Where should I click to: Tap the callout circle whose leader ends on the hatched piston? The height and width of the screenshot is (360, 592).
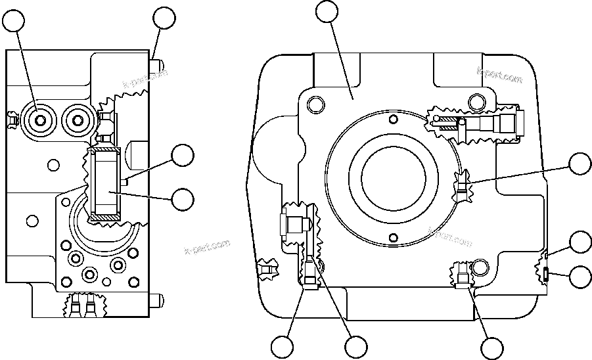point(182,199)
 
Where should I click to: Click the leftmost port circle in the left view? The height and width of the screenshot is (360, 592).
point(41,120)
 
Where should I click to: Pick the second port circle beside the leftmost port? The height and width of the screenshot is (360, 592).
point(78,120)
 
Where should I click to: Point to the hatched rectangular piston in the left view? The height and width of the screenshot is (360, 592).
point(106,184)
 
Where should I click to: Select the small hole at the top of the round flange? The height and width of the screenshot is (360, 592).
point(393,119)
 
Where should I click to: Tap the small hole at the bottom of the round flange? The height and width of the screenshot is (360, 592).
point(393,237)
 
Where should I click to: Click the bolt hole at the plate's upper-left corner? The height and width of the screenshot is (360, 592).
point(316,104)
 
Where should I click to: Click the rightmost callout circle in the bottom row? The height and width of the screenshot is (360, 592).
point(492,348)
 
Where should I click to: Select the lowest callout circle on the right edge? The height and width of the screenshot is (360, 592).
point(580,276)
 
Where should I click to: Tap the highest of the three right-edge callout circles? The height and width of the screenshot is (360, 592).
point(580,164)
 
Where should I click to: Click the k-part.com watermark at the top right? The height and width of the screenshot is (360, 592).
point(499,77)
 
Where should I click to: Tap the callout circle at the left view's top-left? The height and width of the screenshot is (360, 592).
point(16,22)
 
